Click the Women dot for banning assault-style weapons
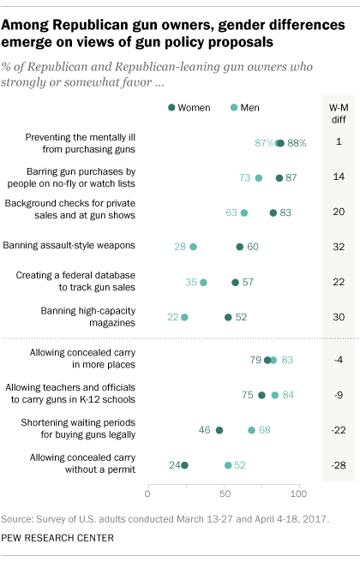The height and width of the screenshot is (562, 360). point(240,247)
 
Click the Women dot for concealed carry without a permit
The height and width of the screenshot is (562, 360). point(184,465)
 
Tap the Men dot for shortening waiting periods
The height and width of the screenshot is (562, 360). point(251,430)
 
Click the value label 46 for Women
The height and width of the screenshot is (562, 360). point(205,430)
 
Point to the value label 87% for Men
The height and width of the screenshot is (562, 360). point(264,142)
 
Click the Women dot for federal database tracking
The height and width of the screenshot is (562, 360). point(235,282)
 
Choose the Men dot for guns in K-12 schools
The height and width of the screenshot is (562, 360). point(275,395)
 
